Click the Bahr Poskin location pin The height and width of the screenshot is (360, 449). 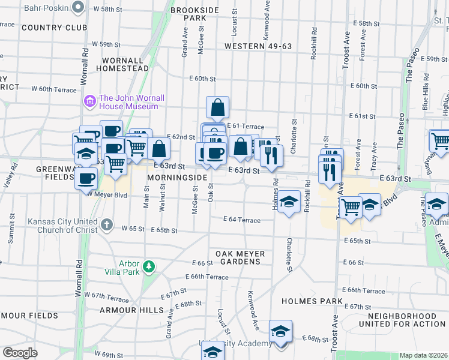coord(77,7)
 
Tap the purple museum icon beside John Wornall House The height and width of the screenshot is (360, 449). coord(91,101)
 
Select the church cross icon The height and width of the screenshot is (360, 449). coord(106,225)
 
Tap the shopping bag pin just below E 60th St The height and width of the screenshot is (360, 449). coord(217,108)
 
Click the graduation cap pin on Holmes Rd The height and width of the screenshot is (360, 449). coord(289,202)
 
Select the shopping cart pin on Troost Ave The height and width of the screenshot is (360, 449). coord(351,208)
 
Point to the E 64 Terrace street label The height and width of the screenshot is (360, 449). coord(243,220)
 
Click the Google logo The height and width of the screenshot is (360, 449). coord(20,353)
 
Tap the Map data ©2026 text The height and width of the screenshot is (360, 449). coord(423,355)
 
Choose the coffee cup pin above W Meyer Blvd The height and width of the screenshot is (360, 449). coord(86,178)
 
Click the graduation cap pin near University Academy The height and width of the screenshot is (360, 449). coord(280,332)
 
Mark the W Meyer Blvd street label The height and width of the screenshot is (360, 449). coord(108,194)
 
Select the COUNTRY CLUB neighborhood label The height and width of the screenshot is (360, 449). coord(54,28)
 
